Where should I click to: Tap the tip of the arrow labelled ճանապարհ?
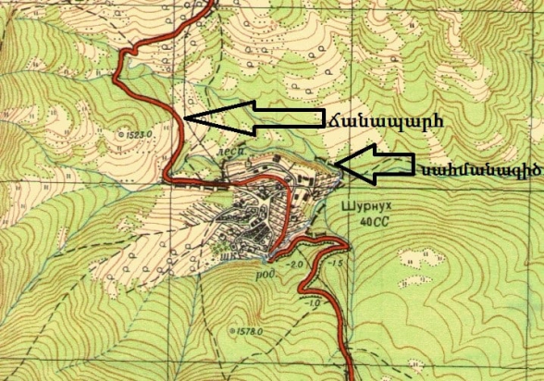click(186, 118)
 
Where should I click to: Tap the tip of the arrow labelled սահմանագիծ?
click(336, 165)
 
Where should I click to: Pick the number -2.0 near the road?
click(296, 264)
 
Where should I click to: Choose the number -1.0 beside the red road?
click(315, 303)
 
